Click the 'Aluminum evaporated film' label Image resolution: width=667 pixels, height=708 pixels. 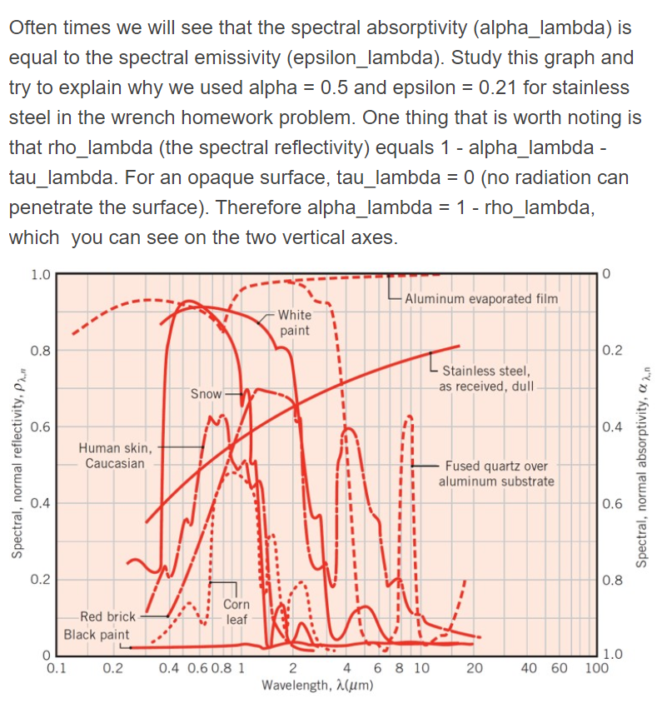click(481, 298)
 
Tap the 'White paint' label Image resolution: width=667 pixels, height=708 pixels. click(294, 322)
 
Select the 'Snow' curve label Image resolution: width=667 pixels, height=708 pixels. click(206, 392)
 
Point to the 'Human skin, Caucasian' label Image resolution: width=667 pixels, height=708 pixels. click(115, 456)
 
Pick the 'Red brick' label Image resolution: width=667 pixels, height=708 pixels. click(107, 617)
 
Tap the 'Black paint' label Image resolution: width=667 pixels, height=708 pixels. click(97, 635)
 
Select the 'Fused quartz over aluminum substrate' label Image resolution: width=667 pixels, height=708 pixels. click(495, 473)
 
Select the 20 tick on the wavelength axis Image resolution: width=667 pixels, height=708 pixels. click(474, 668)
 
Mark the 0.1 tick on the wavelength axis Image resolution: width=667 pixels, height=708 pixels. click(57, 668)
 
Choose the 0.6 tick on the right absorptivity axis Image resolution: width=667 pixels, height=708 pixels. click(611, 503)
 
